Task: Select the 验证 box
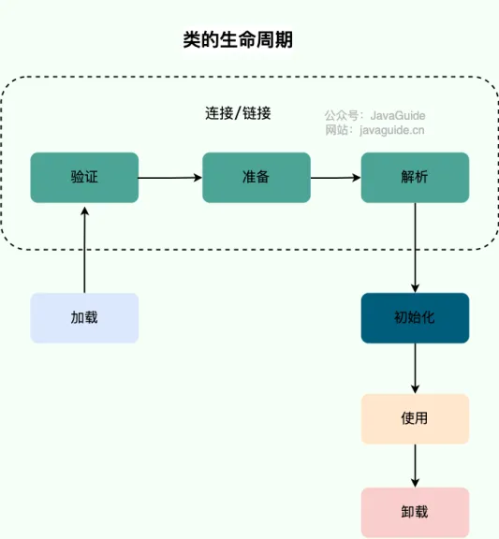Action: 84,177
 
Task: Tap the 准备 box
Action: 257,177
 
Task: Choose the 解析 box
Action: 415,177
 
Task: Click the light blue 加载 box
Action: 84,317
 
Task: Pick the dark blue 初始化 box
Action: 415,317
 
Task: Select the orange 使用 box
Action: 415,418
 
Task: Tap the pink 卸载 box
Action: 415,512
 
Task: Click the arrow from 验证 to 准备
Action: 170,177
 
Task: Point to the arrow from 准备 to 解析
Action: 336,177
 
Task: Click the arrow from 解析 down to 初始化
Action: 415,248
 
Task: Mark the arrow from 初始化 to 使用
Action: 415,369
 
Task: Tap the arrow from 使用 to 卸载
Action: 415,465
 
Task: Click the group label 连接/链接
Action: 239,113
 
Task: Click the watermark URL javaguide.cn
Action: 392,130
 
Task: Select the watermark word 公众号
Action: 338,115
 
